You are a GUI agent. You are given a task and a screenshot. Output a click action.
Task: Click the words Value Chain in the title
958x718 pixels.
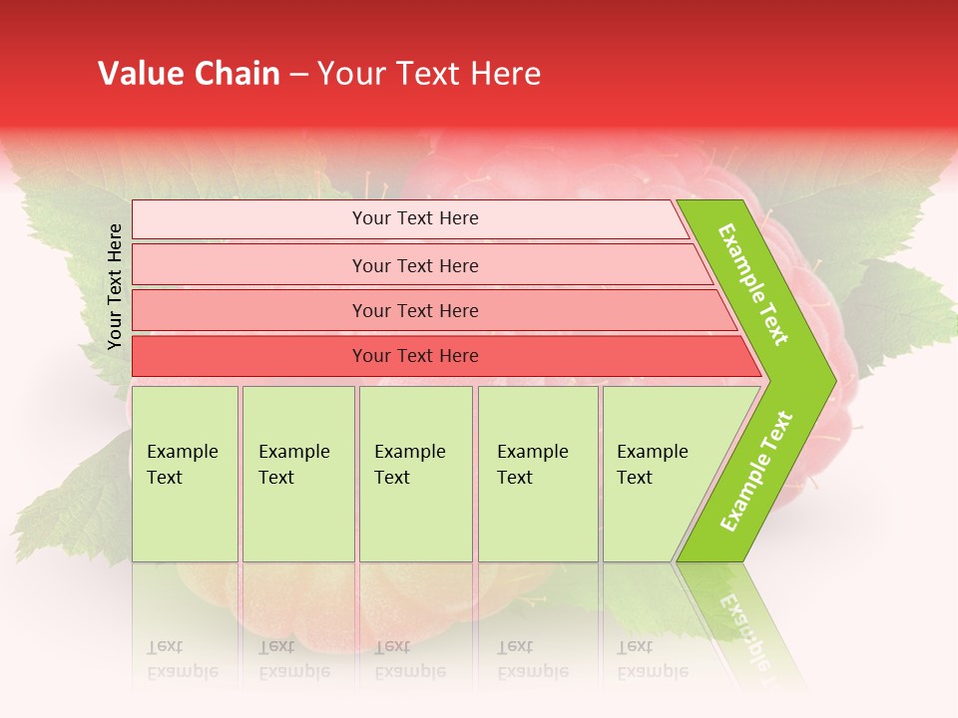189,74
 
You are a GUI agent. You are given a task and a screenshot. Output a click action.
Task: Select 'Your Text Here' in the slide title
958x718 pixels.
429,74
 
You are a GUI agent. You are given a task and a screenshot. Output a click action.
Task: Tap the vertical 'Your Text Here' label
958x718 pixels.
115,286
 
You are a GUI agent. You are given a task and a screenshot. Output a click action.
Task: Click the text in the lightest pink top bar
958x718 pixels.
415,218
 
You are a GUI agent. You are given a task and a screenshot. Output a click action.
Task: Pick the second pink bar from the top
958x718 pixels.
415,265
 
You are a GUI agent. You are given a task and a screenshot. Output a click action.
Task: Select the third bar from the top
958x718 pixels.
415,310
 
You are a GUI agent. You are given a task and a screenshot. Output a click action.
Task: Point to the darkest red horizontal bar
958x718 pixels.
415,356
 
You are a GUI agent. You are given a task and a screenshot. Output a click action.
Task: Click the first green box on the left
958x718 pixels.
185,474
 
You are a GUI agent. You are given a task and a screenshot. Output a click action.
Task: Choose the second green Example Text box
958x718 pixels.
297,474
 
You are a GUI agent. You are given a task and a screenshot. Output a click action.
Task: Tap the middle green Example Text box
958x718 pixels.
415,474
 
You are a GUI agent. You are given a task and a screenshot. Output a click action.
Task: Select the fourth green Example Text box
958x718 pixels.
537,474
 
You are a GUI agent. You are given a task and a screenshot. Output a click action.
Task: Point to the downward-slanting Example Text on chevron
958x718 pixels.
753,284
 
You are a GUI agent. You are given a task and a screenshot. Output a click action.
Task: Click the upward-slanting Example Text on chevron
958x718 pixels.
755,472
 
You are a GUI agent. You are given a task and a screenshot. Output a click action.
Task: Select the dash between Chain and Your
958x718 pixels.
298,75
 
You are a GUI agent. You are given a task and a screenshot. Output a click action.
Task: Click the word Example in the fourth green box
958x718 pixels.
532,452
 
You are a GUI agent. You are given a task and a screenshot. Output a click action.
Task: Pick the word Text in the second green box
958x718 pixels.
276,478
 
